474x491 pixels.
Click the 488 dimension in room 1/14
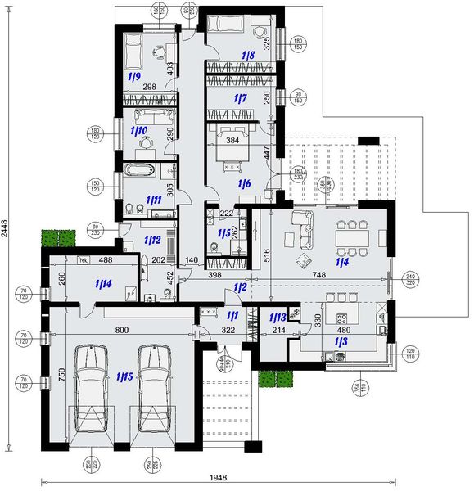[106, 261]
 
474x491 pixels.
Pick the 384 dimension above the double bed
[232, 140]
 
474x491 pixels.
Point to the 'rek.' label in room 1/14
[83, 261]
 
